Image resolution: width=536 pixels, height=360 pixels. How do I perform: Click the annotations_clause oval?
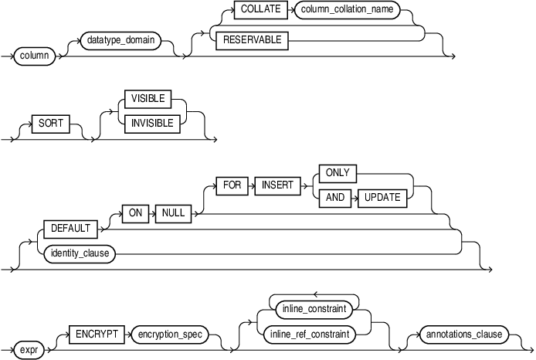[463, 335]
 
